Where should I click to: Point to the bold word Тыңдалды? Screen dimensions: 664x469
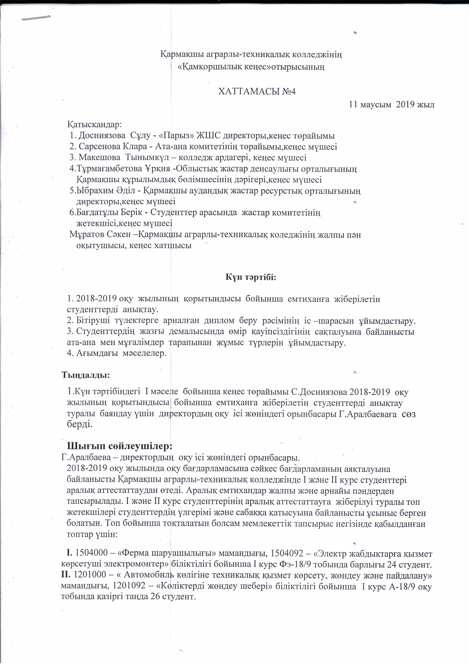coord(86,375)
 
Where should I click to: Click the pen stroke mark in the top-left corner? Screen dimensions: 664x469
coord(36,18)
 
